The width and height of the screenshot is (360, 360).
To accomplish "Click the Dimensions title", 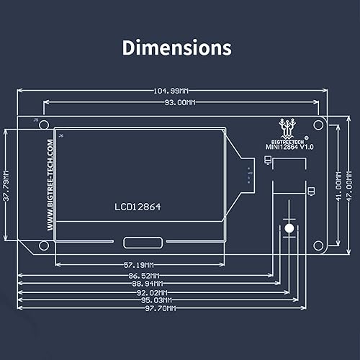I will pyautogui.click(x=176, y=48).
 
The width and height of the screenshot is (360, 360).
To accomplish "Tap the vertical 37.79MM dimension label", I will pyautogui.click(x=6, y=186).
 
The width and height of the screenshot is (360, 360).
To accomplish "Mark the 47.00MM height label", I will pyautogui.click(x=350, y=185).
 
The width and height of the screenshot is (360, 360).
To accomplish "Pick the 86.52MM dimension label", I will pyautogui.click(x=145, y=275).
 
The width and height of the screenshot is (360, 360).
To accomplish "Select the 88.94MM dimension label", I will pyautogui.click(x=149, y=284).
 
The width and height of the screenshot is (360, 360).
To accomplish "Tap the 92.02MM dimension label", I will pyautogui.click(x=153, y=292).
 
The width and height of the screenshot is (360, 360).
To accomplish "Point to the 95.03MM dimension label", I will pyautogui.click(x=156, y=300).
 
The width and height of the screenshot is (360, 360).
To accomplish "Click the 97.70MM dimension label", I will pyautogui.click(x=159, y=308).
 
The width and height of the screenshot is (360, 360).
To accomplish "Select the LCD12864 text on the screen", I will pyautogui.click(x=138, y=206).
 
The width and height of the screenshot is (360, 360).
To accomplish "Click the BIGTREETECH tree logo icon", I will pyautogui.click(x=289, y=127).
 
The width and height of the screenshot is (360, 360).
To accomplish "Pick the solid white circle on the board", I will pyautogui.click(x=289, y=229).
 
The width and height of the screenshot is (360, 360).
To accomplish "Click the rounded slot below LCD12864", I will pyautogui.click(x=139, y=243).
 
